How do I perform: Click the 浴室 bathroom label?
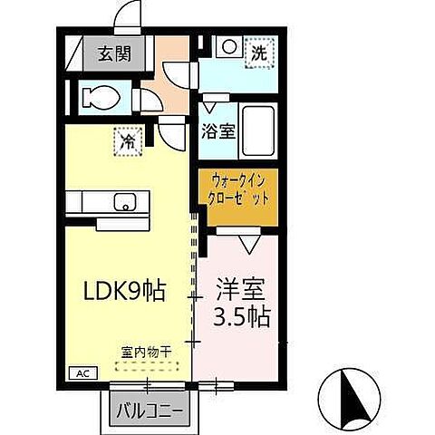(219, 130)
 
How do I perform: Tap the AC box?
(80, 372)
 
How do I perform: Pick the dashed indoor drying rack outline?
(146, 368)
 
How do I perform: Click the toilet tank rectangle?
(86, 95)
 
